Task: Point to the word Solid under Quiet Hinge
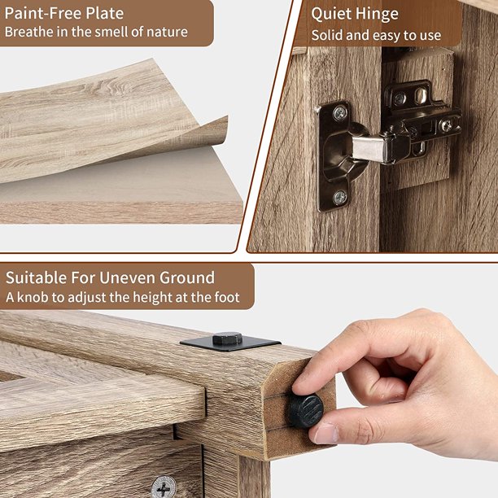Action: tap(327, 35)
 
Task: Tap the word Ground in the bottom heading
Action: tap(187, 278)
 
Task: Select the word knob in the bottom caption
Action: tap(33, 297)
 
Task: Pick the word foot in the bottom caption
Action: tap(227, 297)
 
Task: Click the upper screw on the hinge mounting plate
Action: tap(340, 113)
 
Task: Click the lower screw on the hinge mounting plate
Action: tap(340, 198)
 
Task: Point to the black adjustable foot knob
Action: tap(305, 411)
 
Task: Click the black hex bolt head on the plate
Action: tap(227, 339)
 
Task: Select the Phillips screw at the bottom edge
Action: tap(164, 487)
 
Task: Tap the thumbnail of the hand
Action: tap(325, 434)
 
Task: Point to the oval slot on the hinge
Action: tap(421, 95)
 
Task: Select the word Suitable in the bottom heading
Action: tap(36, 277)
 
